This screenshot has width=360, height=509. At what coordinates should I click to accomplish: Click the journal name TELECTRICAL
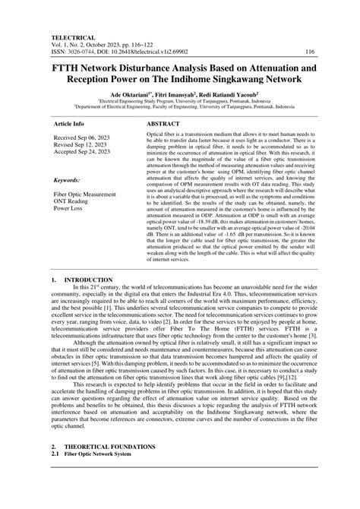coord(73,36)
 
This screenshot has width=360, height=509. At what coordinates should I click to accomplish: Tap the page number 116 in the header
coord(309,52)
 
